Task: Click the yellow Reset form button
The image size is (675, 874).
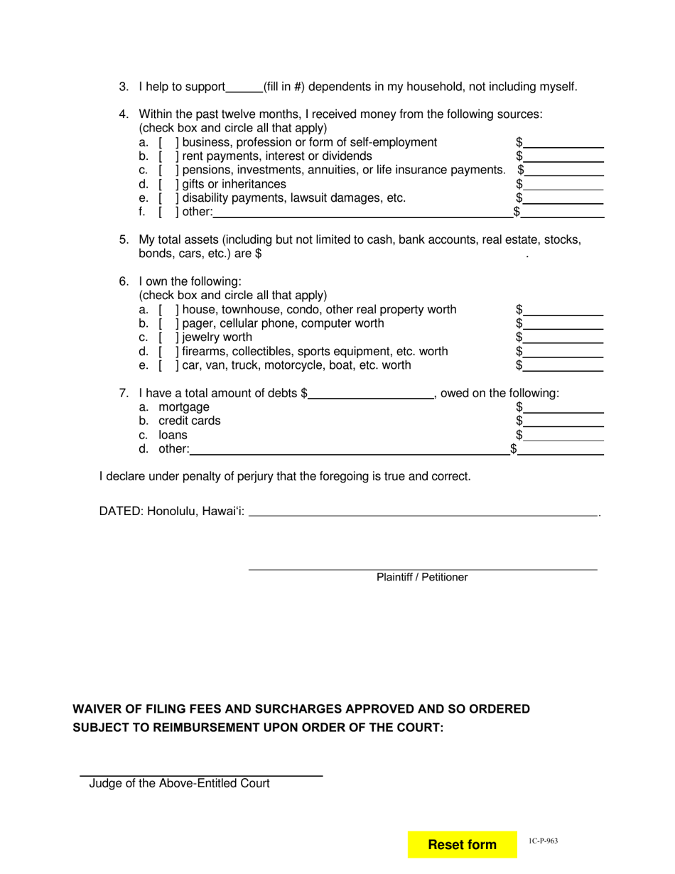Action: [x=462, y=844]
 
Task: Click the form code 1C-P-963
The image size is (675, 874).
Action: [x=543, y=841]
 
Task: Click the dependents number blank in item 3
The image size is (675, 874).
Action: [x=244, y=87]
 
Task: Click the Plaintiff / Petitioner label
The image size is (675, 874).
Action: [x=422, y=577]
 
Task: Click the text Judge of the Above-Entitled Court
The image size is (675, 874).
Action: [x=179, y=784]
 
